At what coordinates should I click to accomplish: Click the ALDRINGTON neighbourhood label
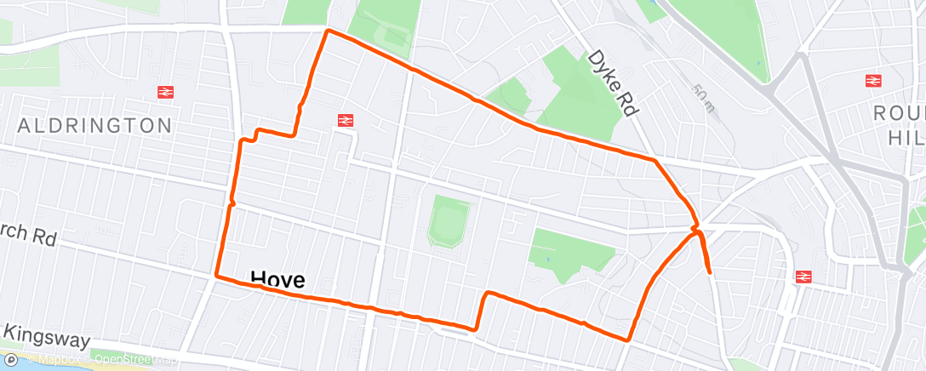[95, 126]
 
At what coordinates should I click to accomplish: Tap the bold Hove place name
[277, 278]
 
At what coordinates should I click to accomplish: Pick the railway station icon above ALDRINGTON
[165, 92]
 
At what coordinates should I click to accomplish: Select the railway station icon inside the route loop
[346, 121]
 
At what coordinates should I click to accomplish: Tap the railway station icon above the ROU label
[872, 81]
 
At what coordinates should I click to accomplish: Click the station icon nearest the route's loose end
[802, 277]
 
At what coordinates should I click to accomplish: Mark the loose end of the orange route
[710, 273]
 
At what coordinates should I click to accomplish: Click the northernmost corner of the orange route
[327, 31]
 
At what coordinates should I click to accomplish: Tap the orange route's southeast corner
[628, 340]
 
